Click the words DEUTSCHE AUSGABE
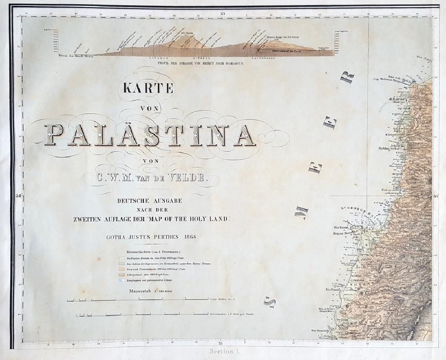coord(146,201)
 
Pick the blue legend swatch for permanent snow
coord(121,280)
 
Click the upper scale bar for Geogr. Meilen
coord(138,300)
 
